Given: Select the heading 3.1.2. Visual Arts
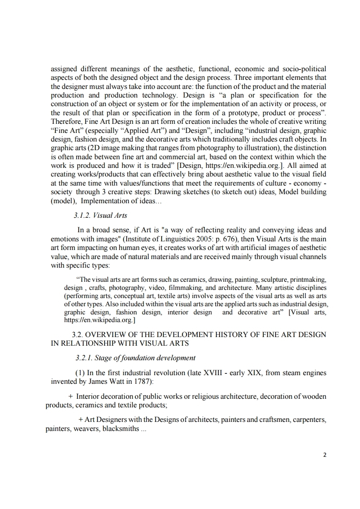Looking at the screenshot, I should point(101,215).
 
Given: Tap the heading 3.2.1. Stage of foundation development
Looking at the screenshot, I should point(135,357).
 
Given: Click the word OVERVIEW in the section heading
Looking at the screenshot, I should point(106,335).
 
